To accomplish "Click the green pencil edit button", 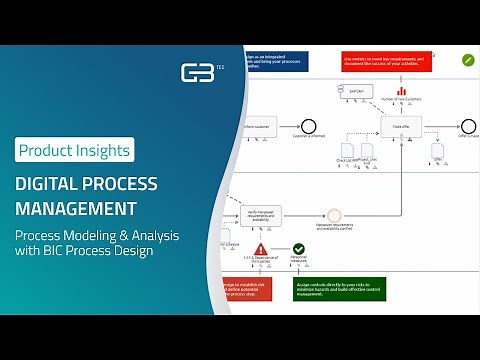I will click(x=467, y=60).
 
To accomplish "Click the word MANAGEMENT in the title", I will click(x=76, y=209).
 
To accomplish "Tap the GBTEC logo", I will click(x=196, y=73).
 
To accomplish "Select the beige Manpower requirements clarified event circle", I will click(x=334, y=213).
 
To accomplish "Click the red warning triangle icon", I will click(x=261, y=249).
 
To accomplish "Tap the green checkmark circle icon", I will click(x=298, y=249).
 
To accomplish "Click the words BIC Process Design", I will click(x=104, y=251).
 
